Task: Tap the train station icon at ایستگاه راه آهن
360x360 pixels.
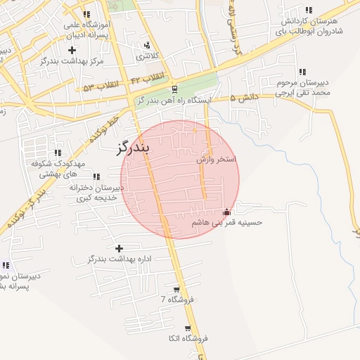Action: [x=174, y=89]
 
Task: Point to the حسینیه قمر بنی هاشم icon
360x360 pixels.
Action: [x=226, y=212]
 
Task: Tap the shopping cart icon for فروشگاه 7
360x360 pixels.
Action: [x=175, y=290]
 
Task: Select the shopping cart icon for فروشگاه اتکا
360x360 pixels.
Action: [x=187, y=328]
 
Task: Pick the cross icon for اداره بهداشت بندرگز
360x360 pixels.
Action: [x=119, y=248]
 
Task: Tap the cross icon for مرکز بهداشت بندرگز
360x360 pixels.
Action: [x=72, y=50]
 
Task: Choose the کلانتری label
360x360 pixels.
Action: [x=148, y=56]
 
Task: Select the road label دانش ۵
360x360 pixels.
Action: [x=246, y=98]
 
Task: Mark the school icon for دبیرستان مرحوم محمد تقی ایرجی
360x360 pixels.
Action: [x=302, y=72]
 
